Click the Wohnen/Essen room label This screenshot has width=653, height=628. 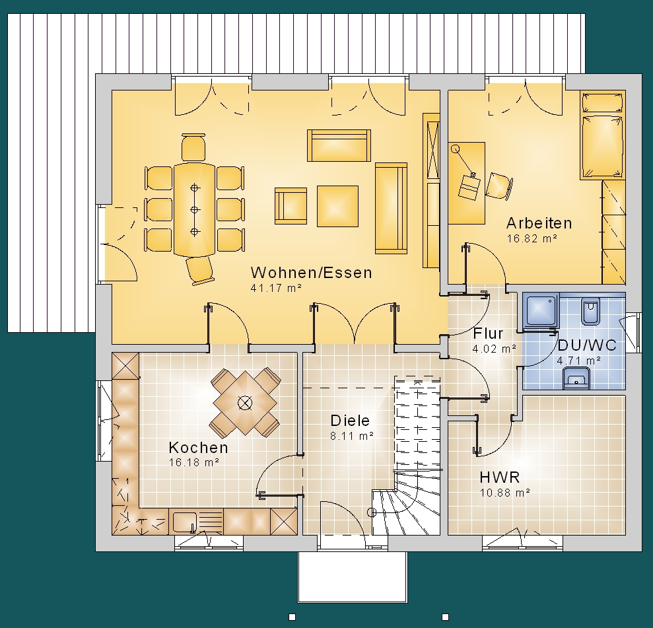[311, 273]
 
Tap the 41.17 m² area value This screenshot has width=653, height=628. [276, 288]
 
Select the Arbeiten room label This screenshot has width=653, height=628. [539, 223]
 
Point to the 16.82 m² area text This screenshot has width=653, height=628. [532, 238]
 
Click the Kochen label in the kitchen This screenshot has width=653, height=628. [199, 448]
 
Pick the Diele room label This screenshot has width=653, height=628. [350, 421]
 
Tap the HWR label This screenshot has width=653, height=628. [500, 477]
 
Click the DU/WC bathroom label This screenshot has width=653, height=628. [586, 345]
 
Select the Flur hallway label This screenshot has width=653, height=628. [488, 333]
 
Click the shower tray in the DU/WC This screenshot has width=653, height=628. [541, 310]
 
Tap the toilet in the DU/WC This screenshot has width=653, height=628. [590, 311]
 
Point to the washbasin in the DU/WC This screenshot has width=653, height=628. [576, 378]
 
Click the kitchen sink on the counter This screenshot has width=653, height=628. [184, 522]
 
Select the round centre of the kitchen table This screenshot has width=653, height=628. [245, 403]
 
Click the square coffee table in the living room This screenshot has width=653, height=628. [337, 206]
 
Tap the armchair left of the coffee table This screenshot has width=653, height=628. [291, 206]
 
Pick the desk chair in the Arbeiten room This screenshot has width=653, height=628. [498, 186]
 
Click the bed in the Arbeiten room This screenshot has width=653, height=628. [603, 135]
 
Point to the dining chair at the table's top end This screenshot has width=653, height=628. [193, 147]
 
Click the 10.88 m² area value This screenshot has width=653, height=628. [504, 493]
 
